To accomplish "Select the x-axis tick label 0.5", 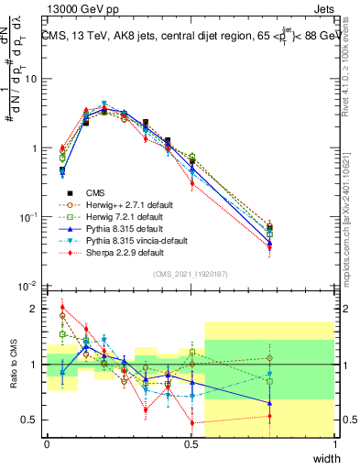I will (x=191, y=444).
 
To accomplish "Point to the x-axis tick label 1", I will (x=334, y=444).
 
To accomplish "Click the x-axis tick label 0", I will (x=47, y=444).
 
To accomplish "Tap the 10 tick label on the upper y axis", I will (x=34, y=79).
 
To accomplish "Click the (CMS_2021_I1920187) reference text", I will (x=191, y=273).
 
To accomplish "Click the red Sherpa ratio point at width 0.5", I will (x=191, y=422).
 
